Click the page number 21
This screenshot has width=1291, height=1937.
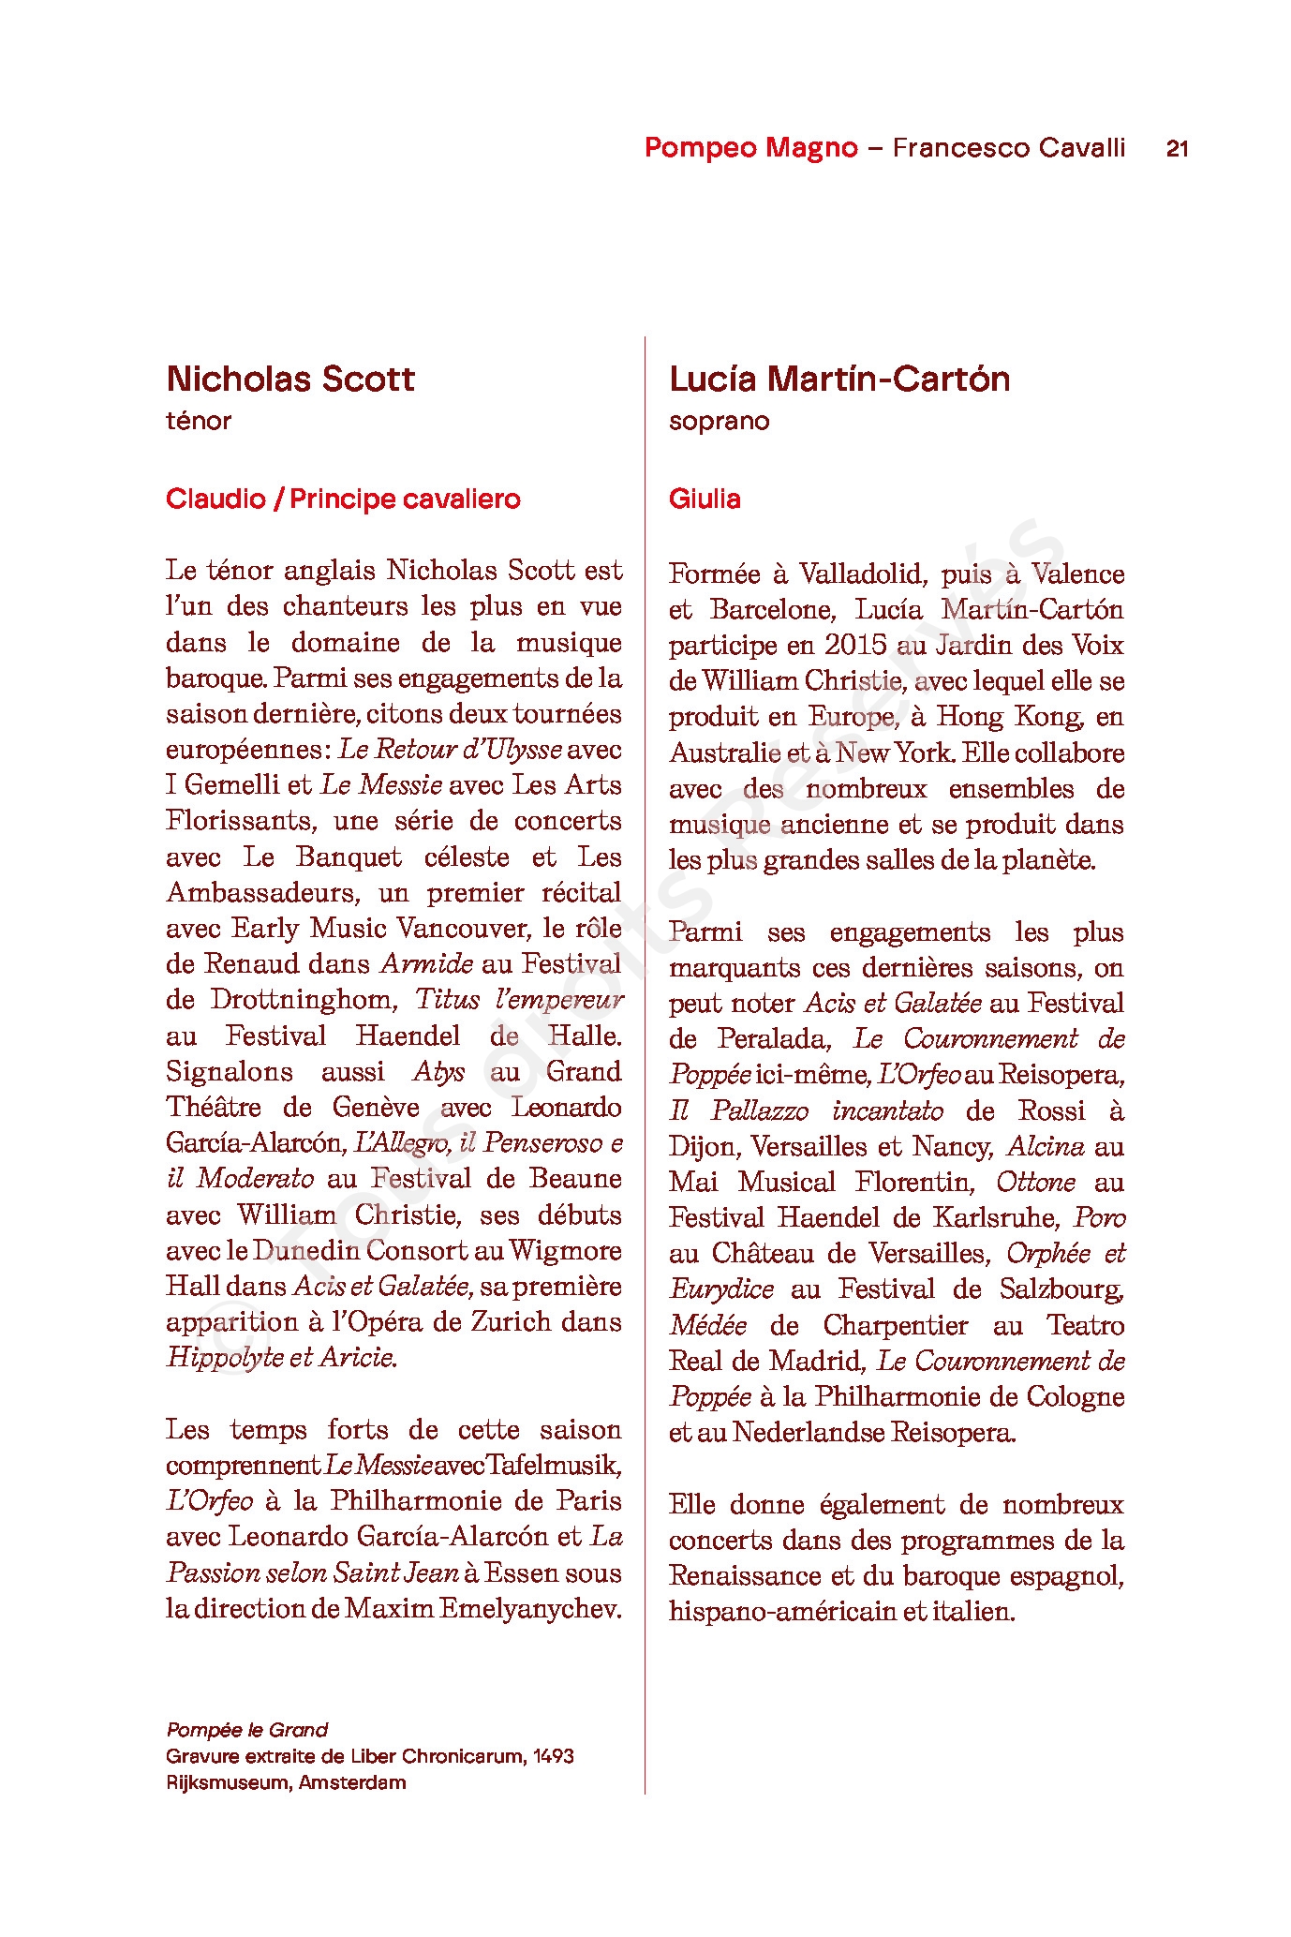(x=1177, y=148)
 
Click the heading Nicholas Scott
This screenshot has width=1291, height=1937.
(x=290, y=379)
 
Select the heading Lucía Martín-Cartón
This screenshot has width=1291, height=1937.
(x=839, y=379)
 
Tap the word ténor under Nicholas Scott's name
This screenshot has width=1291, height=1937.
(x=199, y=421)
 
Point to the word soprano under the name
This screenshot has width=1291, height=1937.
(x=719, y=421)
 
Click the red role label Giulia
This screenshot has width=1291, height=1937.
(x=705, y=499)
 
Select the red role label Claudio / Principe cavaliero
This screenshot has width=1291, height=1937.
(x=343, y=499)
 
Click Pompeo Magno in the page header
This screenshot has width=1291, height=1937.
(x=750, y=148)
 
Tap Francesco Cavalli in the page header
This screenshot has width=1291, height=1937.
(x=1008, y=148)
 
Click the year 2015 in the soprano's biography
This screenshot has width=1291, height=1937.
(x=855, y=645)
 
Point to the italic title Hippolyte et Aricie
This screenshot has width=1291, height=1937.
(x=281, y=1357)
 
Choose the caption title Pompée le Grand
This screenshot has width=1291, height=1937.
(x=247, y=1730)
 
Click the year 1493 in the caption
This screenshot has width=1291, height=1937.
(x=553, y=1756)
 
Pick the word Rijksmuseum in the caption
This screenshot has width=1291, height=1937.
(x=228, y=1782)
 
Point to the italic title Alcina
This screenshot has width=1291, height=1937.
(x=1046, y=1146)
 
